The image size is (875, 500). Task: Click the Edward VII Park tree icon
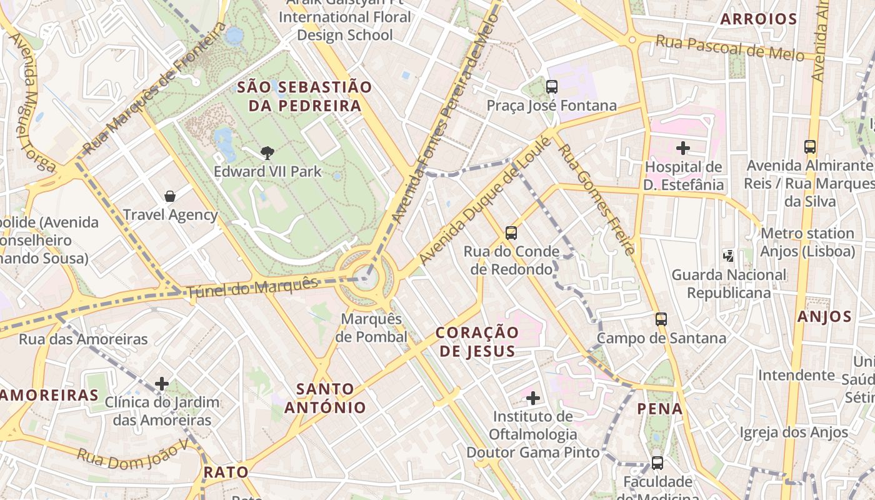pos(267,152)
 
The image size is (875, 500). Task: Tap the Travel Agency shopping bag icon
pos(169,196)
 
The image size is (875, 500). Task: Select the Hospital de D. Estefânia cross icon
pos(683,148)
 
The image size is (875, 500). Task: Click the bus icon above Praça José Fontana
pos(551,87)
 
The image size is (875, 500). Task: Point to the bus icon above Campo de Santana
pos(661,319)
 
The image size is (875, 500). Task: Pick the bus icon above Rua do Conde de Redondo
pos(511,233)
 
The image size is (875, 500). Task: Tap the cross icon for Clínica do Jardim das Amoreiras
pos(162,383)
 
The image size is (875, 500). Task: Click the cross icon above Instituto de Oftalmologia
pos(533,397)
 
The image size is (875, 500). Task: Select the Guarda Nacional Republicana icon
pos(729,255)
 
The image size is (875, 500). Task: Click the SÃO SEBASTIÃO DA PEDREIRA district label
pos(304,96)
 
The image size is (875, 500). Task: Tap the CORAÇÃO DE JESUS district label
pos(477,341)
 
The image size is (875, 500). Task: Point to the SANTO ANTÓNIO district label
pos(325,398)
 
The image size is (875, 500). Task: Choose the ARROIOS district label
pos(758,19)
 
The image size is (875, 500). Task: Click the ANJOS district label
pos(824,316)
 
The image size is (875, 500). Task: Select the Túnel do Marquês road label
pos(252,287)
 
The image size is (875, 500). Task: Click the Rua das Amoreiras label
pos(83,339)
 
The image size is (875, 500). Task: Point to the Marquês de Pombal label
pos(371,327)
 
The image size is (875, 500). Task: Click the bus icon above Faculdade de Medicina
pos(657,463)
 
